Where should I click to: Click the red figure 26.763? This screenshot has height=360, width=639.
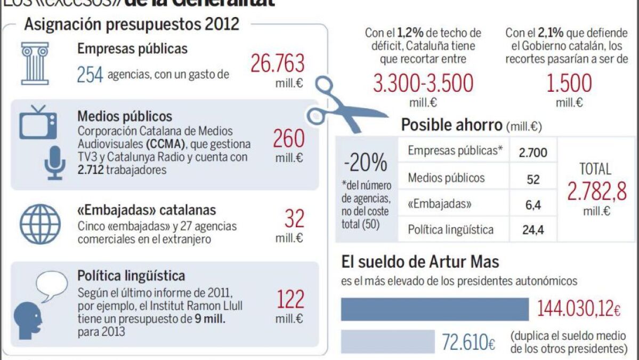click(277, 63)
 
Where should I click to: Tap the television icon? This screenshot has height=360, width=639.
click(38, 121)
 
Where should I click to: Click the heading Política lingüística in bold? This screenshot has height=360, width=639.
click(131, 276)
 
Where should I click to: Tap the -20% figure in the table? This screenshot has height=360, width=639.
click(366, 163)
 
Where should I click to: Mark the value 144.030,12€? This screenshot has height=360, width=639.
click(579, 309)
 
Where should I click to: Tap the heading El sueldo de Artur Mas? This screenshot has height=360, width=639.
click(420, 262)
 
